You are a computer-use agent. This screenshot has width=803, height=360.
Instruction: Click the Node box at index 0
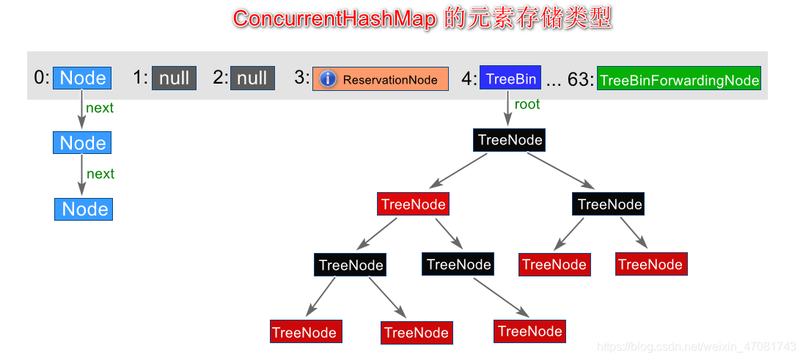tap(83, 78)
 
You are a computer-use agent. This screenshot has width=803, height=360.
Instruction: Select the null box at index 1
tap(175, 78)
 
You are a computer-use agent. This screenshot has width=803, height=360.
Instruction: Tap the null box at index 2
tap(252, 78)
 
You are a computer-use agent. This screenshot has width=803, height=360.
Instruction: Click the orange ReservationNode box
tap(381, 79)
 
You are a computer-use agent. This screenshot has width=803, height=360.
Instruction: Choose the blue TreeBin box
tap(510, 78)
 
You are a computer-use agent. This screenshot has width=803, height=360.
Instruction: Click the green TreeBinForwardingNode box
tap(679, 79)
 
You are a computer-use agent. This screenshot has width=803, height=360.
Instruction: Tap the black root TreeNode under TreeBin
tap(510, 140)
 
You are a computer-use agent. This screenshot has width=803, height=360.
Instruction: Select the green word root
tap(527, 104)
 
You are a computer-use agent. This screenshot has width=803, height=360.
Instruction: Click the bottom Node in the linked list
tap(84, 209)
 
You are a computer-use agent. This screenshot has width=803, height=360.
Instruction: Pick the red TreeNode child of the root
tap(414, 205)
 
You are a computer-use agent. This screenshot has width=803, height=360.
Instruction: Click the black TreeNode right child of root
tap(609, 205)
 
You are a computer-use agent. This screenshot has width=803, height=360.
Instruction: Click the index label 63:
tap(580, 78)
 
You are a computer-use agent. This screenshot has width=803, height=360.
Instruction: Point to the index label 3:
tap(302, 78)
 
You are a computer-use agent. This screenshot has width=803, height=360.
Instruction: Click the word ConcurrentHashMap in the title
tap(335, 18)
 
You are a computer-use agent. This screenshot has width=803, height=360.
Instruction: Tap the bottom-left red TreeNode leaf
tap(304, 332)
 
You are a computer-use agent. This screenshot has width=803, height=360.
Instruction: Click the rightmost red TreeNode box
tap(650, 265)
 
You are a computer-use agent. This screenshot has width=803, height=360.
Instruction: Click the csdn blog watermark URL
tap(696, 346)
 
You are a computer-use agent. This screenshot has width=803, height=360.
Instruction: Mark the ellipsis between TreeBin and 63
tap(554, 81)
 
